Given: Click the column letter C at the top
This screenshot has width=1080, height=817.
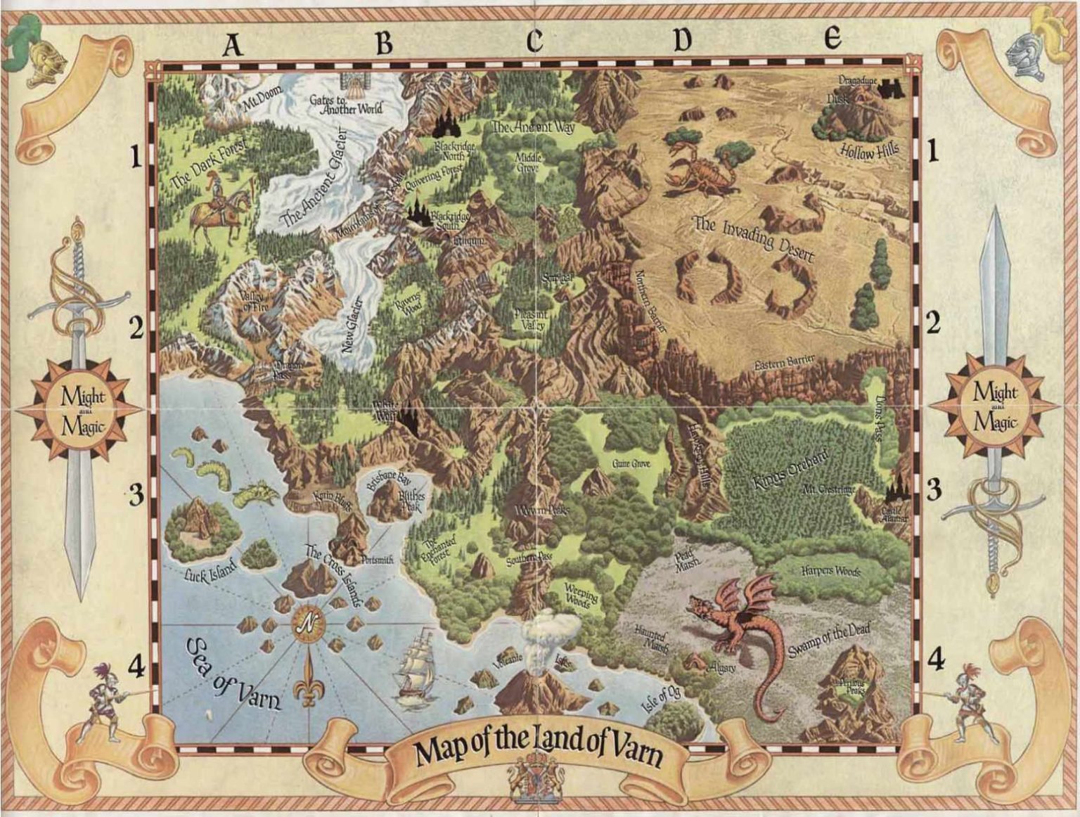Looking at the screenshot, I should click(534, 41).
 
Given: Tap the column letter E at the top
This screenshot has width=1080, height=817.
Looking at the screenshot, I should click(833, 38).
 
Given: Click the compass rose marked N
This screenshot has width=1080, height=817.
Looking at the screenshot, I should click(307, 622).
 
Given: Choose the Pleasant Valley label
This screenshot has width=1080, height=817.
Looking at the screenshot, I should click(532, 321).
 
